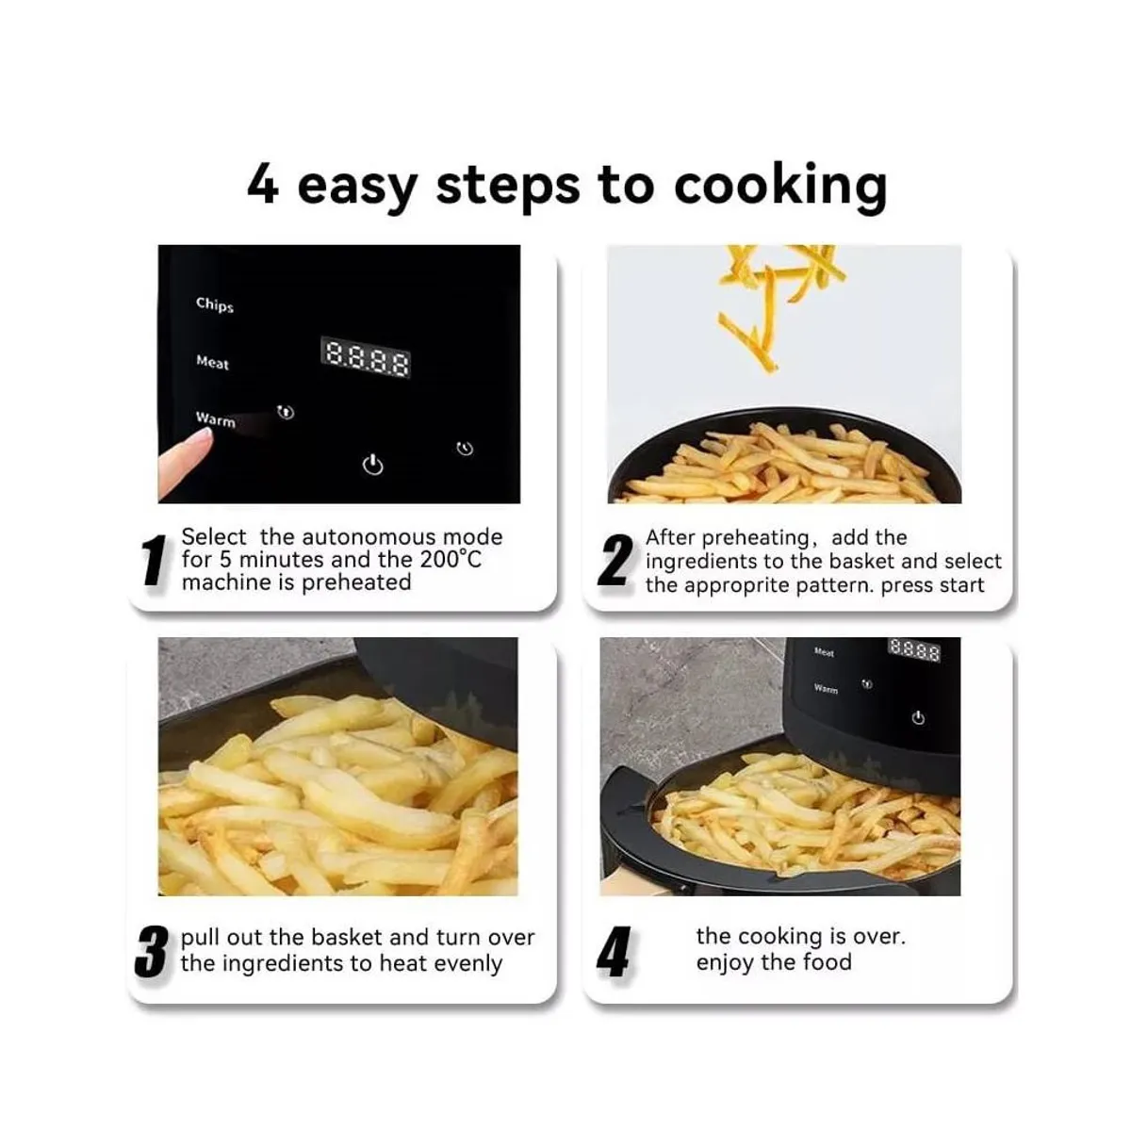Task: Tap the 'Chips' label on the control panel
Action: click(214, 303)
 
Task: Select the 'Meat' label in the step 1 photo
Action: click(212, 362)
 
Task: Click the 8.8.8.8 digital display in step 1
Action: click(368, 358)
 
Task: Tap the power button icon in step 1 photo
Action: click(373, 465)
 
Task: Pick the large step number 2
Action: click(614, 562)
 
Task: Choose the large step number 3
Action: click(151, 952)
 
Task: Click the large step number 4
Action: click(614, 952)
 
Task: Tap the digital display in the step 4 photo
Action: click(914, 650)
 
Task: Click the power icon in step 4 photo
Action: click(918, 718)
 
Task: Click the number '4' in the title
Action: click(263, 185)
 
